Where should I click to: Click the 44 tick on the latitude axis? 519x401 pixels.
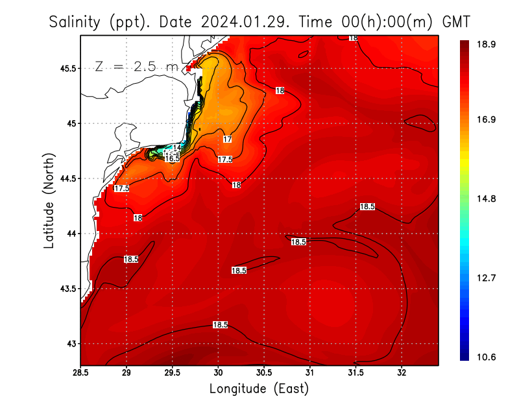(70, 234)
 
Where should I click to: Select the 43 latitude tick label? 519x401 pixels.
(70, 343)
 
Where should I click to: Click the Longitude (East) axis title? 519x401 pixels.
(259, 389)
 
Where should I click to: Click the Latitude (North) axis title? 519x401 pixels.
(49, 200)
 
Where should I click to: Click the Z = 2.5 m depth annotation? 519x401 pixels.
(136, 66)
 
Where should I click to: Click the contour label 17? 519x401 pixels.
(227, 140)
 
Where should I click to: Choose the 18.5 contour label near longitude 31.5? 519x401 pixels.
(367, 206)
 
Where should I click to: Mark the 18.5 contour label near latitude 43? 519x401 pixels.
(220, 324)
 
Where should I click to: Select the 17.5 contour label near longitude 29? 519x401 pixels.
(121, 188)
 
